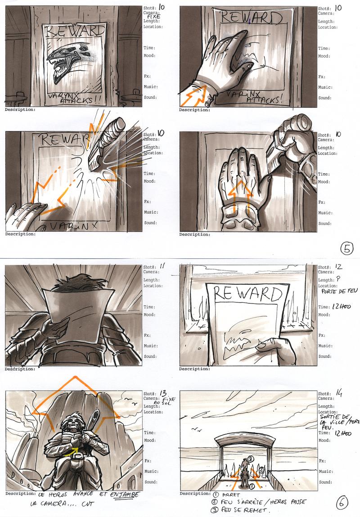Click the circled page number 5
click(x=347, y=247)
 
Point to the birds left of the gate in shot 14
click(x=196, y=430)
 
